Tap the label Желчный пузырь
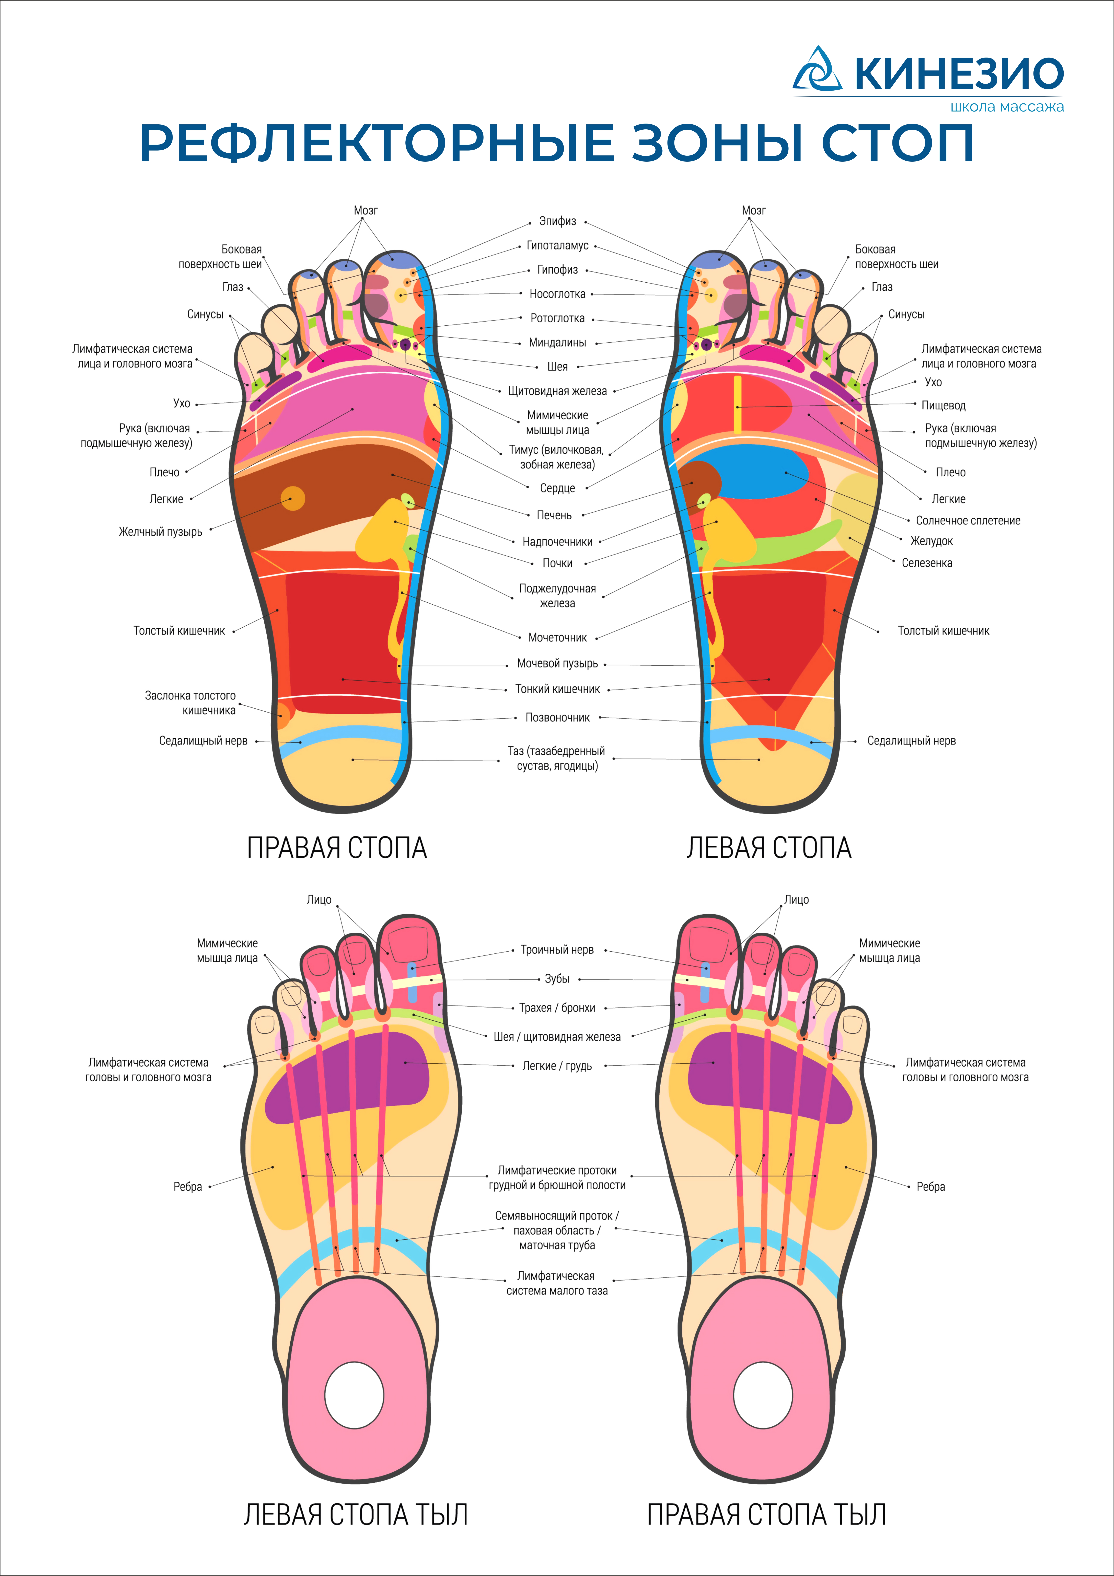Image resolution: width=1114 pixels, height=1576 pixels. coord(160,532)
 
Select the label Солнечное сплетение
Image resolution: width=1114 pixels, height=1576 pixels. coord(968,520)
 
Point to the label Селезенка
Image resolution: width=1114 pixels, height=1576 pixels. coord(927,563)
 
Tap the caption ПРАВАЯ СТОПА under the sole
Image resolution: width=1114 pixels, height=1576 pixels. coord(337,848)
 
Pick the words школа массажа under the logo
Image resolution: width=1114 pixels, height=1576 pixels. coord(1007,107)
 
